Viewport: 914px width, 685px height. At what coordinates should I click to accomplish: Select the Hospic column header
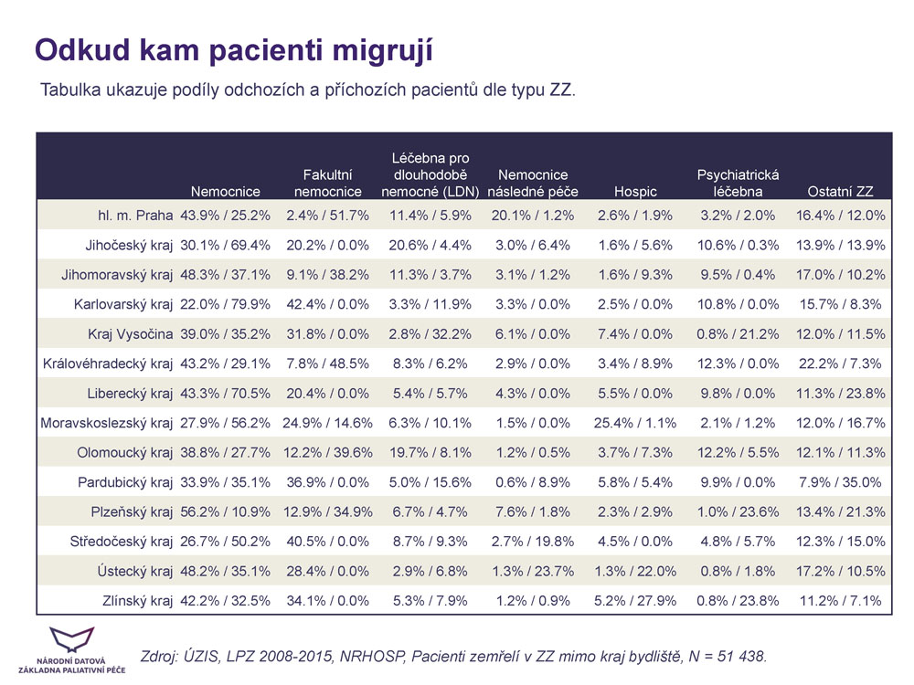(635, 192)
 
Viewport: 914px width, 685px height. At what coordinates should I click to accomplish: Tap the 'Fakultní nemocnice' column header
(327, 183)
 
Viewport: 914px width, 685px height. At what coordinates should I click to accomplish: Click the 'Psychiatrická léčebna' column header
(738, 183)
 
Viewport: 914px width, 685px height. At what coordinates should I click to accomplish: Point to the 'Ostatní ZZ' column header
(841, 192)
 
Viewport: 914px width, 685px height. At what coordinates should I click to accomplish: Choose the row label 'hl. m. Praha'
(135, 216)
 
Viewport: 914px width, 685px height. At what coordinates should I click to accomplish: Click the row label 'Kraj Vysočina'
(130, 334)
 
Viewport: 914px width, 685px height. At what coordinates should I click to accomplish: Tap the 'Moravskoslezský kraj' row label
(107, 423)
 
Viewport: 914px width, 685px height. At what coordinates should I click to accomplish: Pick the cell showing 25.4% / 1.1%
(635, 423)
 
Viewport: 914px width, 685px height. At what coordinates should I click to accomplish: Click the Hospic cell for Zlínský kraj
(635, 601)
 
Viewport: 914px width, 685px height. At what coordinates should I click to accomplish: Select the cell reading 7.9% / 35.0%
(841, 482)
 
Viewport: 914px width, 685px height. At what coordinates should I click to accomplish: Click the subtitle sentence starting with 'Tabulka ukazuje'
(307, 91)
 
